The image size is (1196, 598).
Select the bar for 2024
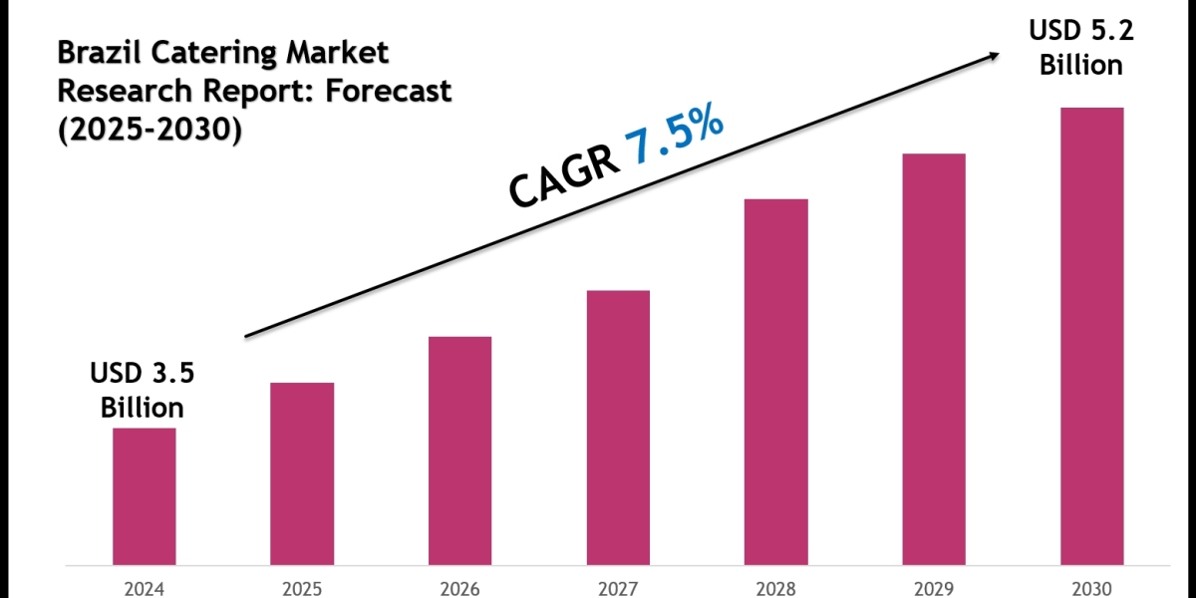click(144, 495)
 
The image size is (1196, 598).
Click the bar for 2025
click(302, 472)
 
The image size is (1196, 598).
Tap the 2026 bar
click(459, 449)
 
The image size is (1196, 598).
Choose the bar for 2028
click(775, 381)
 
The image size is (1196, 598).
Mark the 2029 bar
click(934, 358)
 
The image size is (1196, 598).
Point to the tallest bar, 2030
click(1091, 335)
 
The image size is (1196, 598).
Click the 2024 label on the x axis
click(144, 588)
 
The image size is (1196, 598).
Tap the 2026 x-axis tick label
click(459, 588)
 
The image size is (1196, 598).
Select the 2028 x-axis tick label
click(775, 588)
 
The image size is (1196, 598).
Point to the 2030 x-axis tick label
click(1091, 588)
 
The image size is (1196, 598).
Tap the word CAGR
click(561, 178)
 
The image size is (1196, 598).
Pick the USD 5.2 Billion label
click(1081, 49)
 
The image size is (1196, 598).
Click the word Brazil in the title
click(93, 51)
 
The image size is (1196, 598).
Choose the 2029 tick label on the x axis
click(934, 588)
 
